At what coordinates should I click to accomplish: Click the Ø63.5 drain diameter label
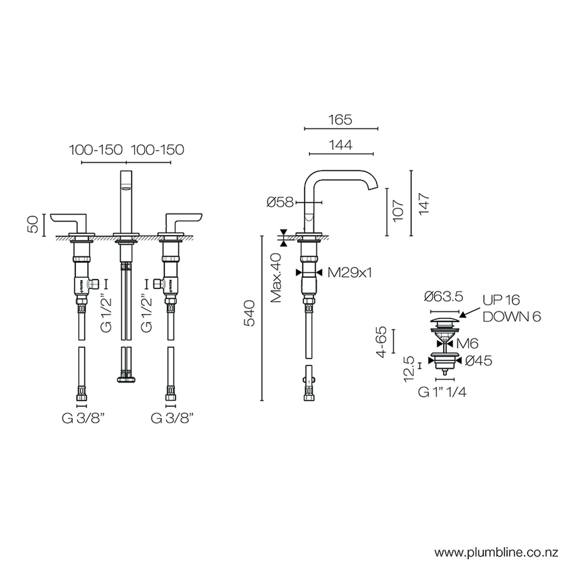pyautogui.click(x=443, y=297)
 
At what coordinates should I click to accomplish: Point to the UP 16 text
pyautogui.click(x=501, y=300)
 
